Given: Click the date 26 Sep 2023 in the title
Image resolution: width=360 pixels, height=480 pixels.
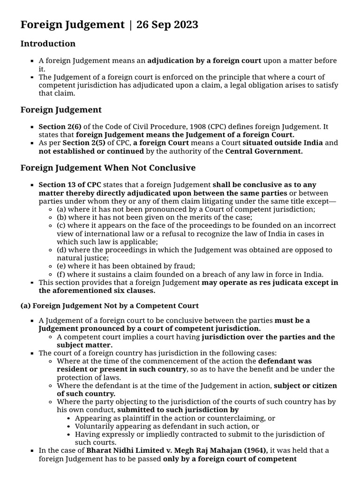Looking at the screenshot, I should point(167,25).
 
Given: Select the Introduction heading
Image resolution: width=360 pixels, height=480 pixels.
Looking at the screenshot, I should point(48,44).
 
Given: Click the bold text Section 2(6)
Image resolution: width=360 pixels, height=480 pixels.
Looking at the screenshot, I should point(57,127).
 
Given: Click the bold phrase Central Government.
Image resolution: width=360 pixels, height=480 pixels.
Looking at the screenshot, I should point(264,151).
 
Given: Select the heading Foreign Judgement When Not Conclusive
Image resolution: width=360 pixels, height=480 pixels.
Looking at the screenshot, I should point(108,168).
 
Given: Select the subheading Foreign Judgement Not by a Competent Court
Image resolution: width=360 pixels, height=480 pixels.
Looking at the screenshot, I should point(110,306).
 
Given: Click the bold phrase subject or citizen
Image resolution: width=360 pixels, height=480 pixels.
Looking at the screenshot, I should point(305,386).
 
